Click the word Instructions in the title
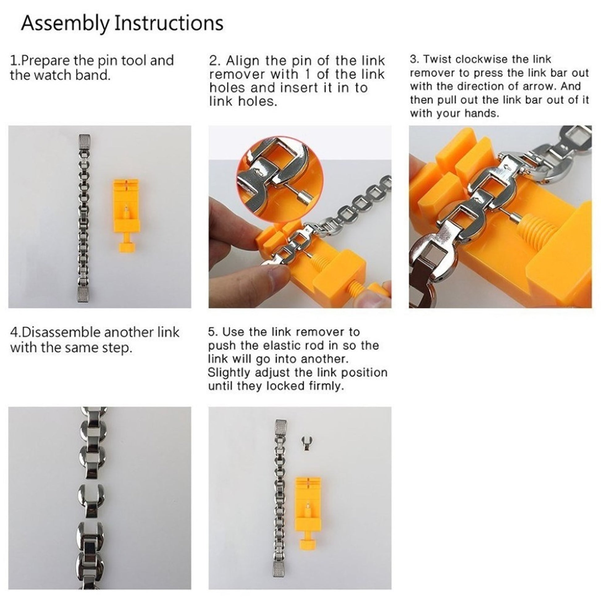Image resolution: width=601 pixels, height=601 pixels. click(x=169, y=23)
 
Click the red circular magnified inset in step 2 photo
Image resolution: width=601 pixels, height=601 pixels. click(x=279, y=178)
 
